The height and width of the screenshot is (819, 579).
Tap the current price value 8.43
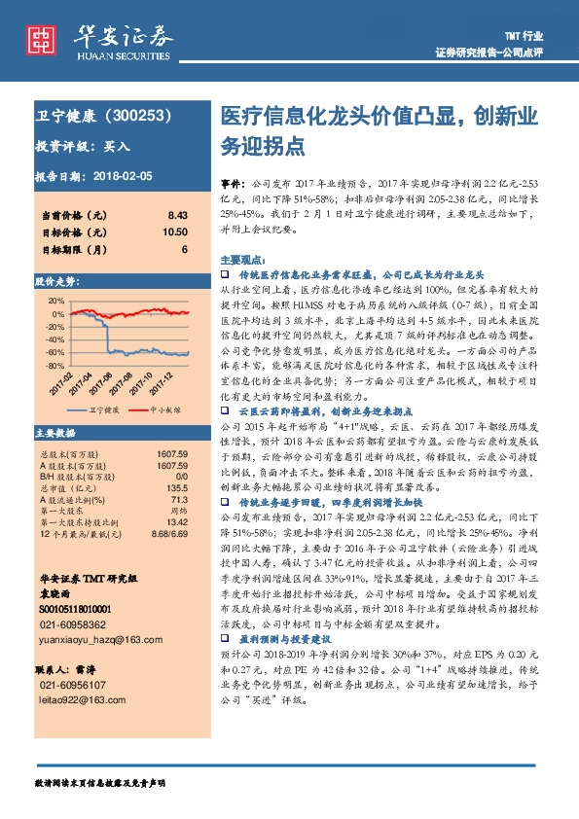pos(176,214)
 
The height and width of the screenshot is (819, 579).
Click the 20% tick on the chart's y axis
pos(56,300)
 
